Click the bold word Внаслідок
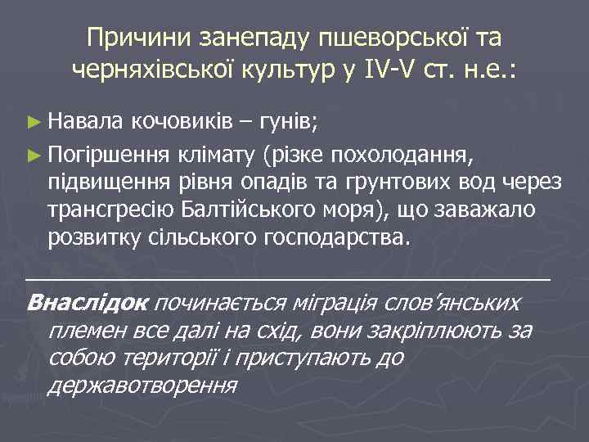click(87, 304)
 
